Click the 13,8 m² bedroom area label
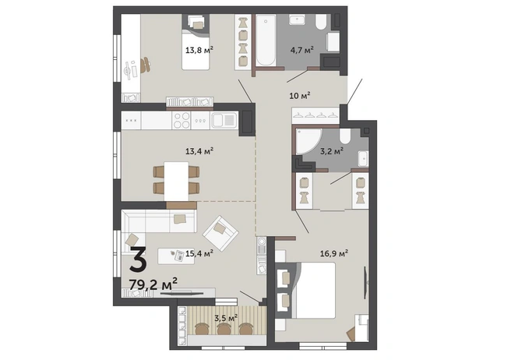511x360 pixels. pos(199,50)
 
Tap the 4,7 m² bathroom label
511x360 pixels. pos(302,50)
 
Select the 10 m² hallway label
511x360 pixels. pos(300,96)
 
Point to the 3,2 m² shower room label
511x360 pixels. pos(331,151)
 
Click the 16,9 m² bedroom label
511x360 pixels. pos(334,253)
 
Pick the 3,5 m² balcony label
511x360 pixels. pos(226,318)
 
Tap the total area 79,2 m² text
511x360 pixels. pos(153,284)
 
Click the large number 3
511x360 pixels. pos(138,259)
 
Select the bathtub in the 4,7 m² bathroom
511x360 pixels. pos(266,41)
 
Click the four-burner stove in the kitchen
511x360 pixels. pos(181,121)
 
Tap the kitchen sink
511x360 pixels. pos(224,121)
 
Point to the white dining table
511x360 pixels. pos(176,182)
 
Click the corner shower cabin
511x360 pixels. pos(308,141)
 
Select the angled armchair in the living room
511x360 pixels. pos(220,233)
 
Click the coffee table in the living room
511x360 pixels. pos(176,256)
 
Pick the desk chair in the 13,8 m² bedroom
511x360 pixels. pos(146,65)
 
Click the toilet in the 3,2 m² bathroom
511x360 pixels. pos(345,136)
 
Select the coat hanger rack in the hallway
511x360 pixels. pos(315,116)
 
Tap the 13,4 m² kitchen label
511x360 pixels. pos(199,151)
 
